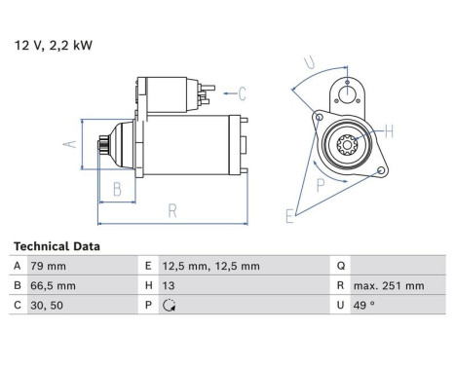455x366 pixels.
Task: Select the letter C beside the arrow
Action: [242, 93]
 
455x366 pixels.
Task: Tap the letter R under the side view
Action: [171, 209]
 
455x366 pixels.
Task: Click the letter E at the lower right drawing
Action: [288, 216]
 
